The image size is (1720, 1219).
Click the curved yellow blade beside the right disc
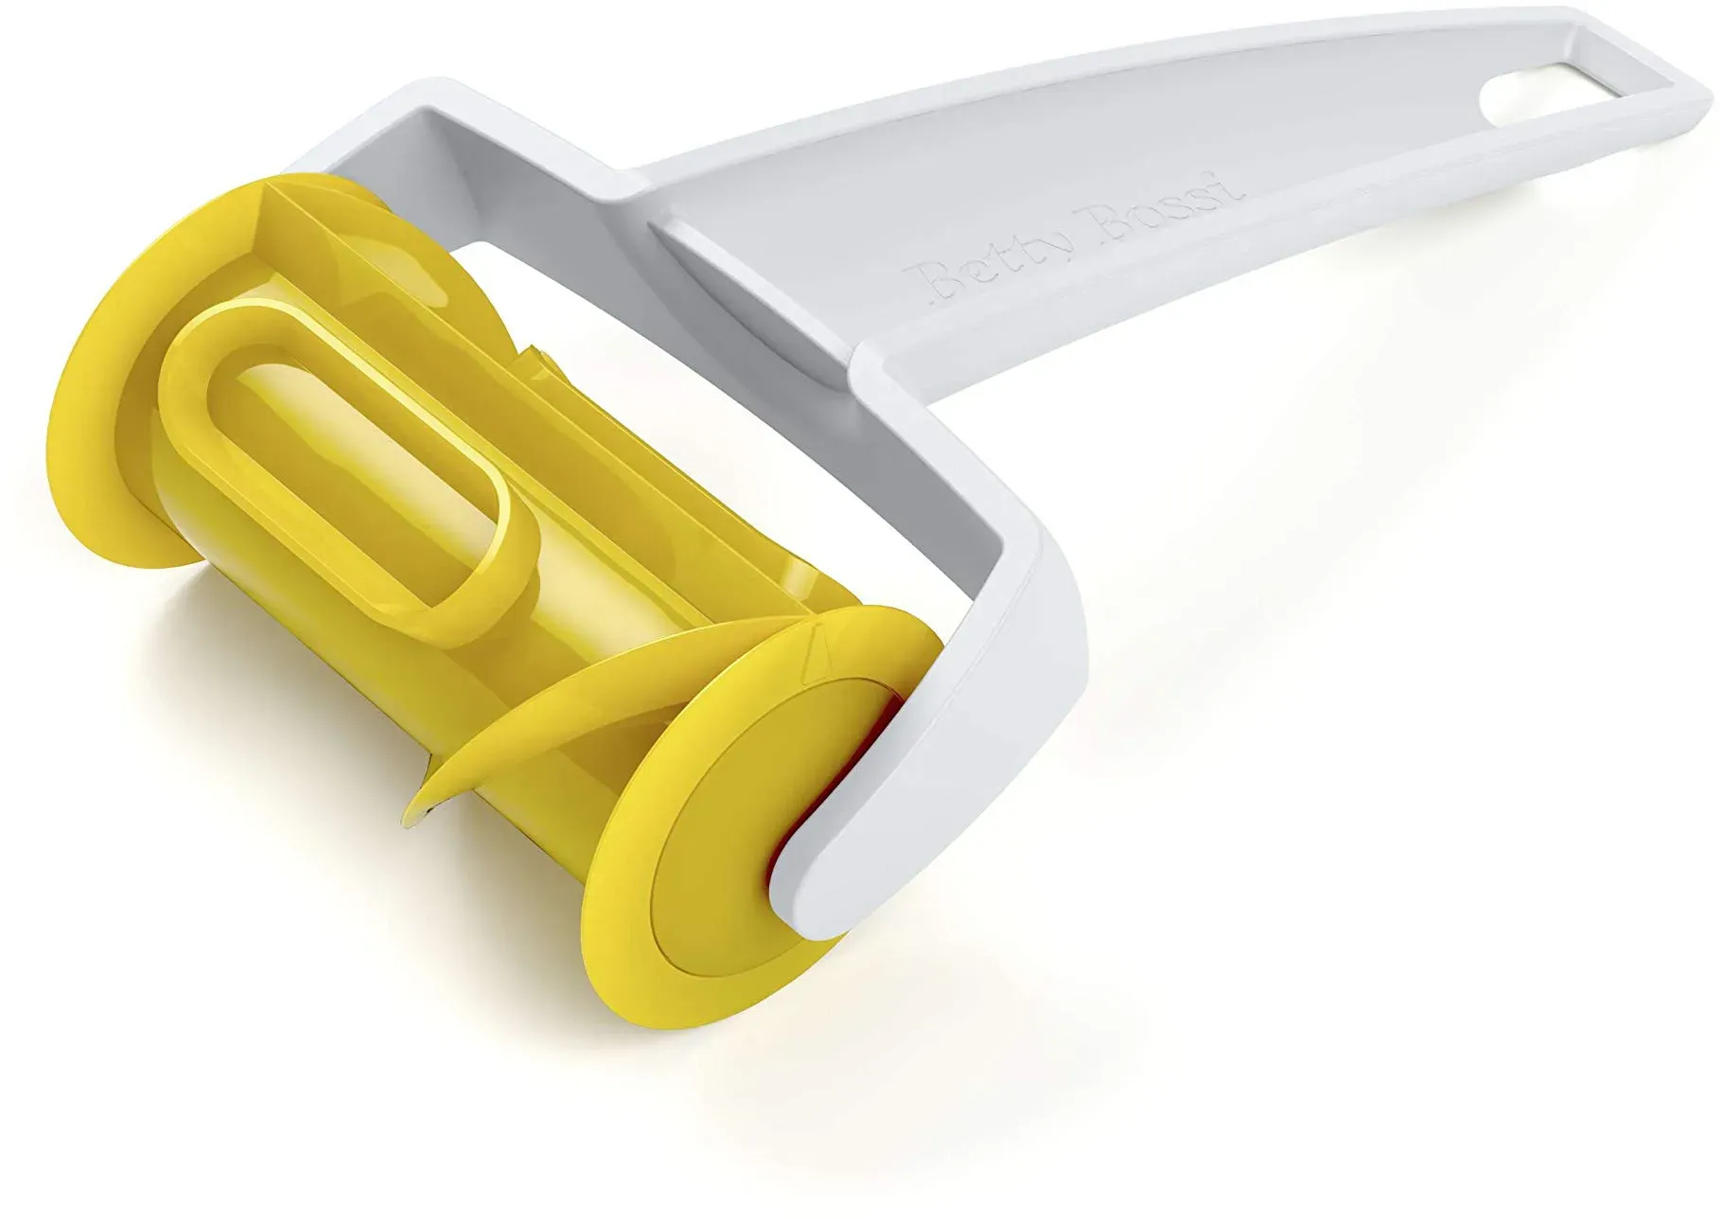pyautogui.click(x=530, y=705)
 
